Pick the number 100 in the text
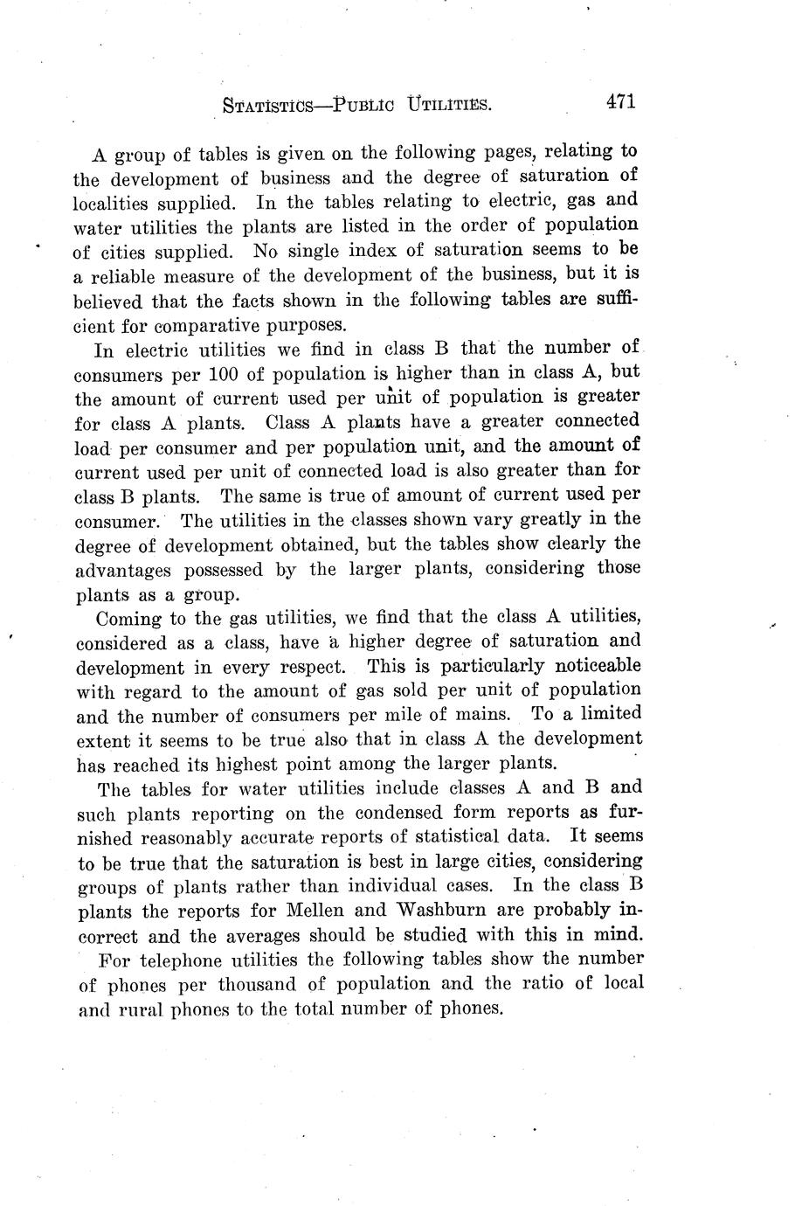tap(226, 375)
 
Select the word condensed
tap(412, 813)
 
